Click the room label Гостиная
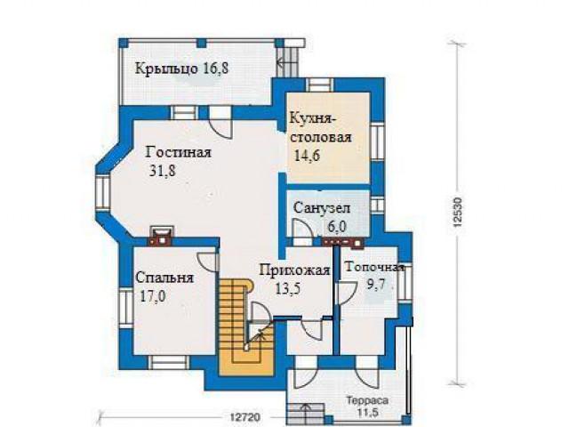click(178, 152)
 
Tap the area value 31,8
click(163, 170)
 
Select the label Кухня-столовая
click(321, 128)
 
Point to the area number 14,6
click(307, 156)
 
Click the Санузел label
click(322, 208)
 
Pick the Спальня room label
click(164, 278)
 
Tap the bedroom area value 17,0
click(153, 296)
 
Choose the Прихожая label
click(295, 270)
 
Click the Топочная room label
click(374, 268)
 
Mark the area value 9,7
click(376, 284)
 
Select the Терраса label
click(367, 401)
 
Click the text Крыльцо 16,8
click(181, 68)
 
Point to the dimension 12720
click(245, 417)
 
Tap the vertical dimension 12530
click(459, 213)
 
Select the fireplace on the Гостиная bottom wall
click(162, 236)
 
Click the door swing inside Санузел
click(302, 229)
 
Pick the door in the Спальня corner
click(207, 262)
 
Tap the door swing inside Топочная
click(347, 294)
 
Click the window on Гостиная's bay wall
click(103, 193)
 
